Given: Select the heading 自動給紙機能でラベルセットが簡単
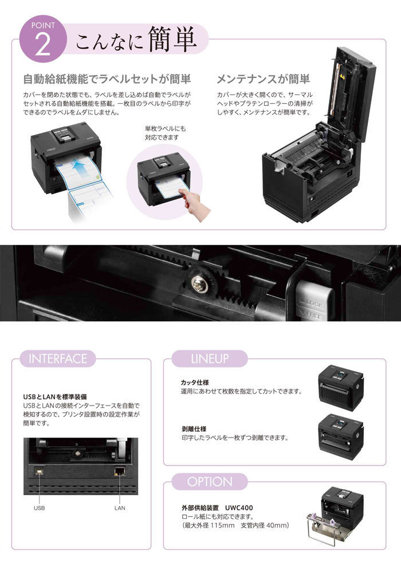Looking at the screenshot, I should click(107, 79).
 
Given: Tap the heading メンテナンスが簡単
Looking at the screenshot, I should click(263, 79).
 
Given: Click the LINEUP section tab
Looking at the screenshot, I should click(209, 359).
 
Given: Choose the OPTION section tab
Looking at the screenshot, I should click(210, 482).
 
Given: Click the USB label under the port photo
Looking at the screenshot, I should click(39, 507).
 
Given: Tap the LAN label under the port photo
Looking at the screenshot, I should click(120, 507).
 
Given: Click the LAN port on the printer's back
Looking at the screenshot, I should click(120, 471).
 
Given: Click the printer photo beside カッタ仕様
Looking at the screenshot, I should click(341, 387).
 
